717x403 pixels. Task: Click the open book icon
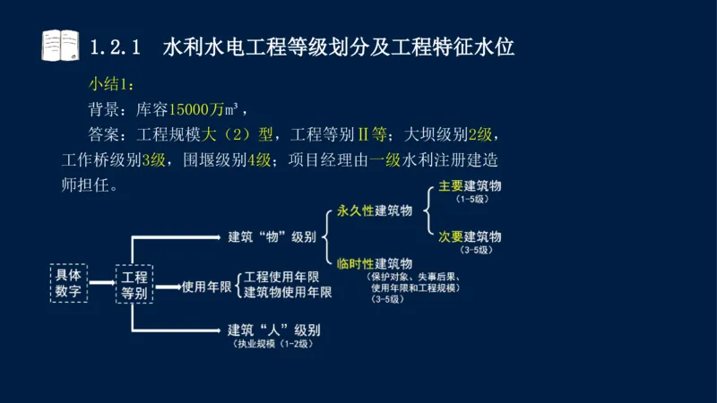pos(60,45)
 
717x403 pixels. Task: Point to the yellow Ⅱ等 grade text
pos(372,136)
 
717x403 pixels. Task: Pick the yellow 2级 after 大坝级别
pos(480,136)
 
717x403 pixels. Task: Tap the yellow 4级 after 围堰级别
pos(259,161)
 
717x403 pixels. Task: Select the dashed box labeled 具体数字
pos(69,283)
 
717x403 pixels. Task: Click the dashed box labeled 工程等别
pos(134,284)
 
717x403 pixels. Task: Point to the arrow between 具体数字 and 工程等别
pos(102,283)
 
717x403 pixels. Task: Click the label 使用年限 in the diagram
pos(207,287)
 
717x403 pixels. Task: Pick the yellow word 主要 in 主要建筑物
pos(450,187)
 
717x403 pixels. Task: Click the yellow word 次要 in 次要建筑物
pos(450,236)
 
